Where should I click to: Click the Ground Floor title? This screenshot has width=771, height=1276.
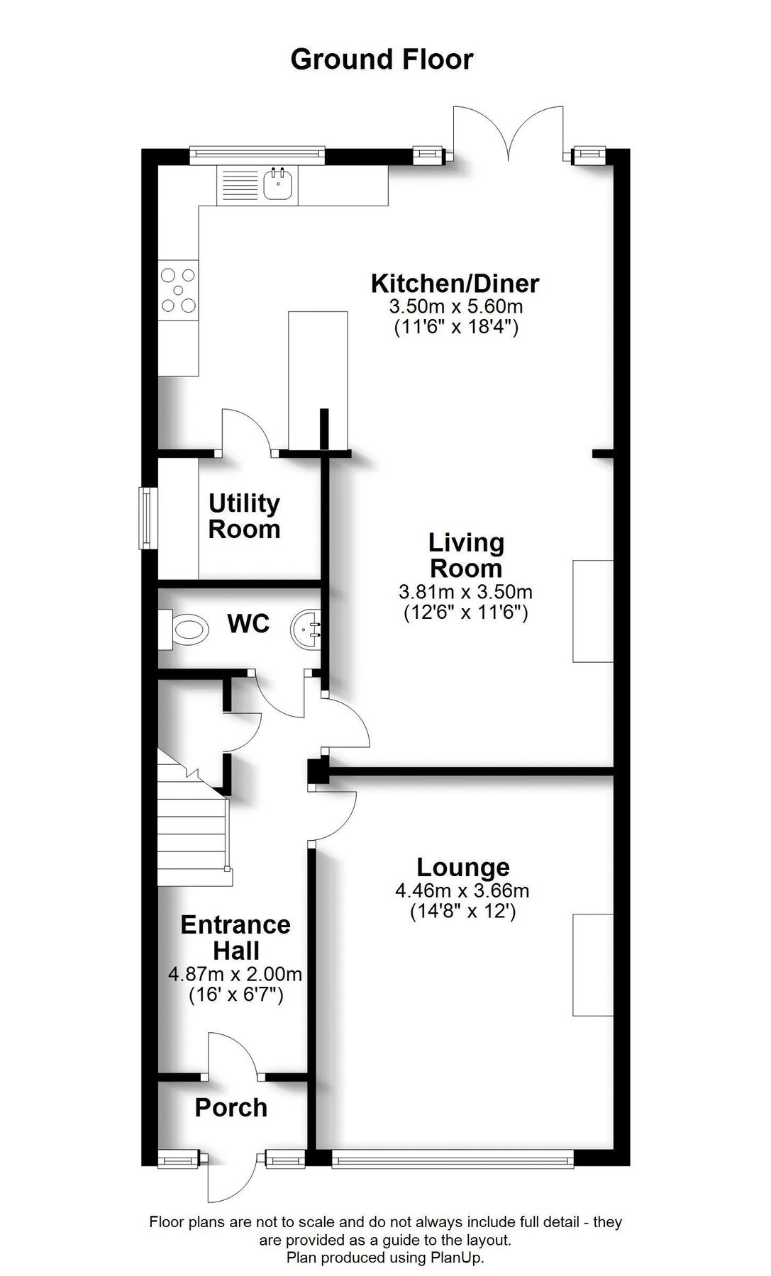point(382,60)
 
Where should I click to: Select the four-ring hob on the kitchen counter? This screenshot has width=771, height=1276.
point(178,290)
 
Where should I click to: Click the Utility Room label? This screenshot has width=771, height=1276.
point(244,516)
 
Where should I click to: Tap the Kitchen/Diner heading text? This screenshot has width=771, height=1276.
point(455,284)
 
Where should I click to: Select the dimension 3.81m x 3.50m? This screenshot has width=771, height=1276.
point(465,591)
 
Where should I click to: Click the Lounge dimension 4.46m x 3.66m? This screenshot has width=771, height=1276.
point(462,890)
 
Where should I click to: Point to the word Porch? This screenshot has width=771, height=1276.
point(231,1107)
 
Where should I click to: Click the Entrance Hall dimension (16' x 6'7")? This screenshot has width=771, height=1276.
point(235,995)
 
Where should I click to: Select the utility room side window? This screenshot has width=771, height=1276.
point(148,517)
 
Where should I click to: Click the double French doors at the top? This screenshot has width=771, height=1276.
point(509,135)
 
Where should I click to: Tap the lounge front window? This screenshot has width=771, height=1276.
point(453,1160)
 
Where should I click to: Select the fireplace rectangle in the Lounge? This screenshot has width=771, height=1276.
point(593,966)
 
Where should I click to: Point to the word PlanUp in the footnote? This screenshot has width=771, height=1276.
point(459,1258)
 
